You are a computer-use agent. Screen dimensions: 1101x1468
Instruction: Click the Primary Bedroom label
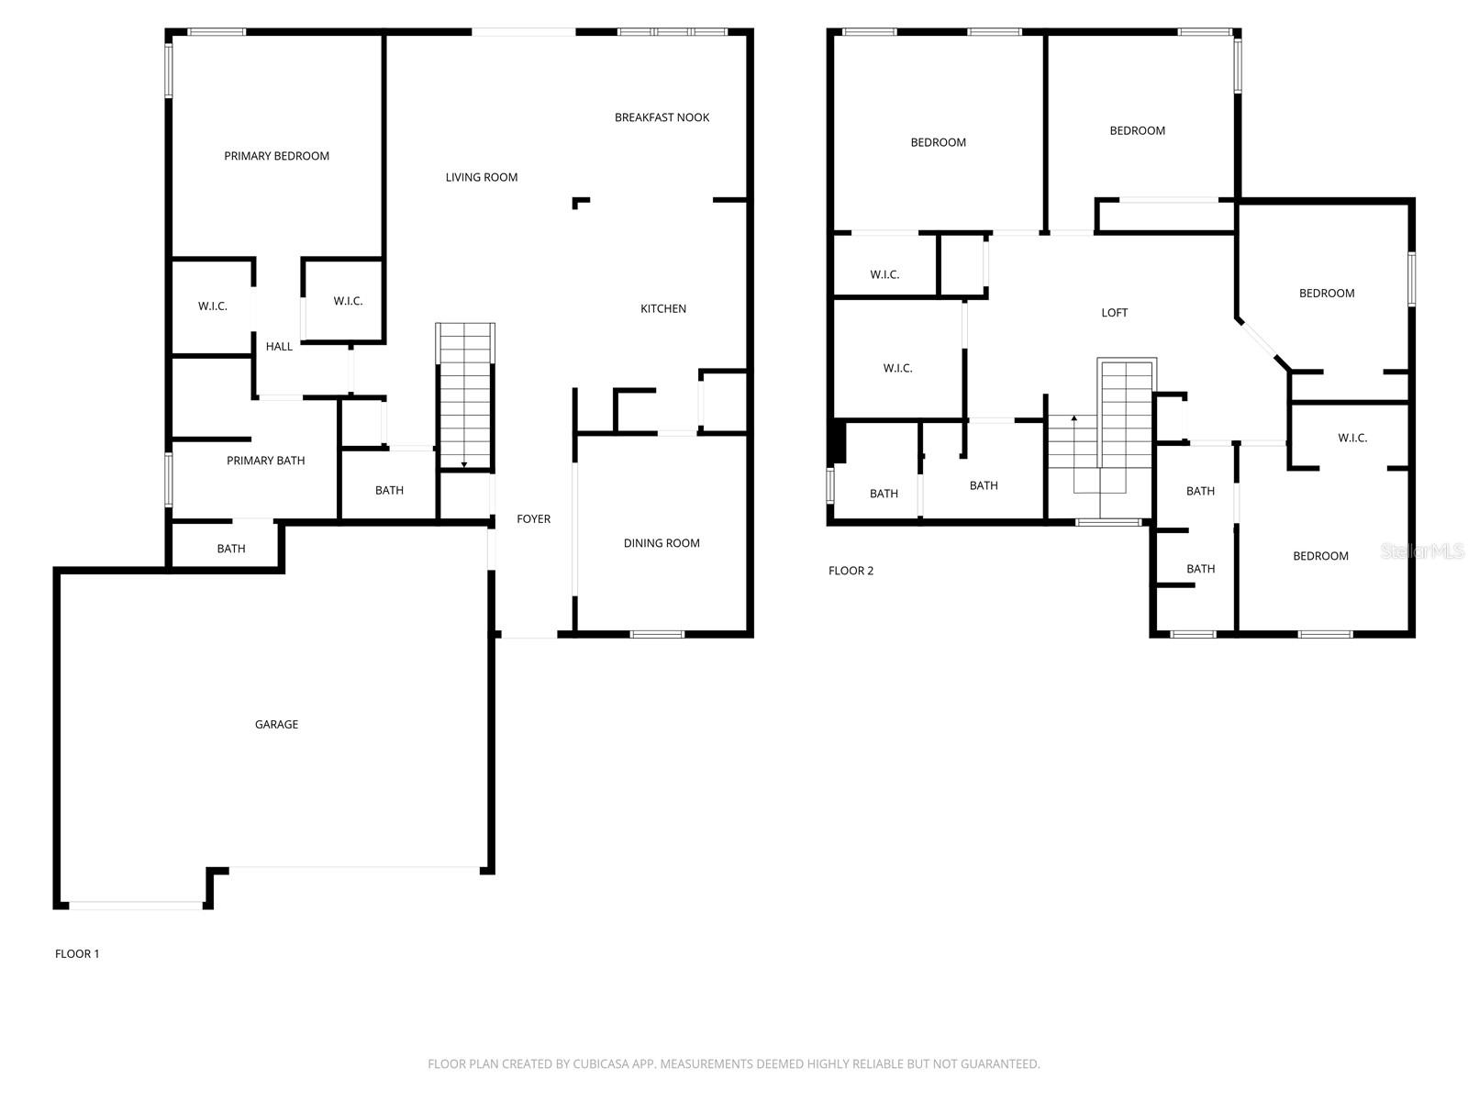click(276, 156)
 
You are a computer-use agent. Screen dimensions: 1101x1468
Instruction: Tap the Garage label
click(276, 725)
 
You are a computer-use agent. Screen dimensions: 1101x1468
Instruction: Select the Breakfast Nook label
click(662, 117)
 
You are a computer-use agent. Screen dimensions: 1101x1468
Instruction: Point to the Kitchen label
click(662, 309)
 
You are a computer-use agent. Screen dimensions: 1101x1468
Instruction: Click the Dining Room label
click(662, 543)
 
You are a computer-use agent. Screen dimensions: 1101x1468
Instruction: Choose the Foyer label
click(533, 519)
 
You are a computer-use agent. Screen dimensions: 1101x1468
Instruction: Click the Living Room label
click(482, 178)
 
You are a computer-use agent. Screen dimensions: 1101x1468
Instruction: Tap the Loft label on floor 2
click(1114, 313)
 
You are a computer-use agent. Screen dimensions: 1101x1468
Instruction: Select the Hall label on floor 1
click(279, 347)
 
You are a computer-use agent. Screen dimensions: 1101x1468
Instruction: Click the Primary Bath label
click(265, 461)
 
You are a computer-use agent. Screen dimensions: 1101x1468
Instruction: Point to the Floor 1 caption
click(77, 954)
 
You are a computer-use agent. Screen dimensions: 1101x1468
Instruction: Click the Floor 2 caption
click(851, 571)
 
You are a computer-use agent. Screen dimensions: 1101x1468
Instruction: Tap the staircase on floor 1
click(465, 395)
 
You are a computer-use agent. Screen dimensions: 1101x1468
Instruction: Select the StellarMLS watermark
click(1421, 550)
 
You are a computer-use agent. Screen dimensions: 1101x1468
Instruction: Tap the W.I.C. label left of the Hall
click(212, 306)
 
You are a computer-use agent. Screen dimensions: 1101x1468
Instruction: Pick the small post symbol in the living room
click(580, 202)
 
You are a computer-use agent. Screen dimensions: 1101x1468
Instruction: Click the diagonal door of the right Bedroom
click(1262, 342)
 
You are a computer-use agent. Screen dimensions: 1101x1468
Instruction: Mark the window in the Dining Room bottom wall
click(657, 634)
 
